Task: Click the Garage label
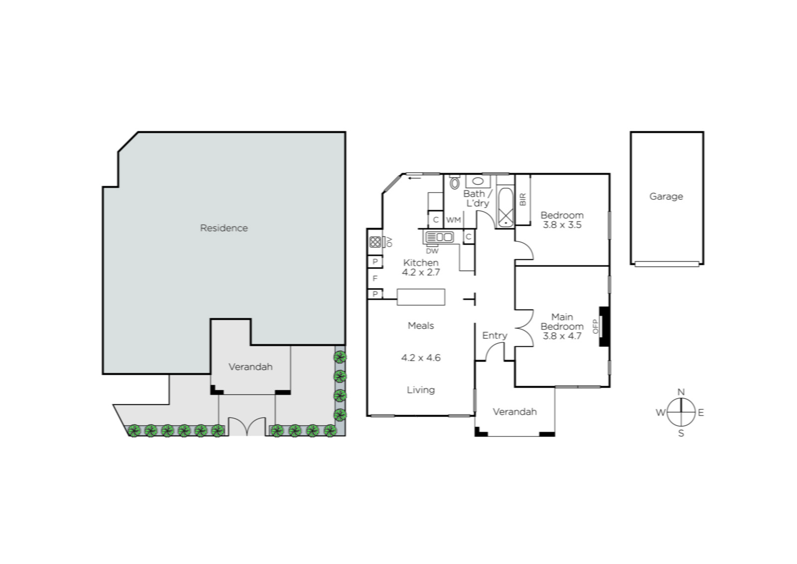coord(666,196)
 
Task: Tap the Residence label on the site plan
coord(224,228)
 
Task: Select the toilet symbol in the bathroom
coord(454,182)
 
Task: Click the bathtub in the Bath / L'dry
coord(505,208)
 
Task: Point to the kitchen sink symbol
coord(439,237)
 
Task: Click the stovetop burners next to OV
coord(375,242)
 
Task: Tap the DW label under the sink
coord(432,251)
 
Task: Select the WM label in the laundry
coord(454,220)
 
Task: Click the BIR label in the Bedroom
coord(523,199)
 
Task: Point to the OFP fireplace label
coord(596,326)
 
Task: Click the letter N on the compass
coord(681,392)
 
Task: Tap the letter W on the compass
coord(661,413)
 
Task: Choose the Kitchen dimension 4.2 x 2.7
coord(421,272)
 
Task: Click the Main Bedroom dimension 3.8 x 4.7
coord(562,336)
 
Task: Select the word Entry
coord(495,335)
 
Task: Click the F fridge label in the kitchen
coord(375,279)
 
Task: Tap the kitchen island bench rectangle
coord(421,297)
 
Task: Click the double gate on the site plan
coord(247,426)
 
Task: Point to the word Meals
coord(421,325)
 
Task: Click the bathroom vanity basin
coord(478,181)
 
